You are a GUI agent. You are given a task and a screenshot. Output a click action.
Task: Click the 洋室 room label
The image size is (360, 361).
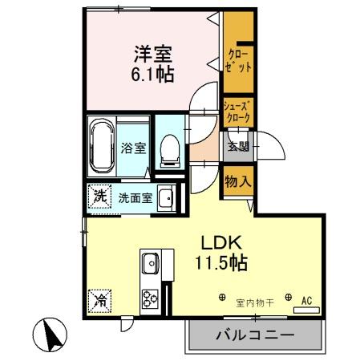(x=152, y=55)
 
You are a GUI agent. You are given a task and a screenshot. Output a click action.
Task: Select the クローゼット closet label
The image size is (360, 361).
(x=239, y=61)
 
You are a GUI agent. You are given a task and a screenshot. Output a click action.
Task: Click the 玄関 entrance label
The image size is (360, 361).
(x=238, y=146)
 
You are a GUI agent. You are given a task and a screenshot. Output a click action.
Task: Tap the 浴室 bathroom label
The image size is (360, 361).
(x=132, y=148)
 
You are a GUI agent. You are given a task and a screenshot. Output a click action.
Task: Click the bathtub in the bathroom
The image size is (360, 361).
(x=102, y=146)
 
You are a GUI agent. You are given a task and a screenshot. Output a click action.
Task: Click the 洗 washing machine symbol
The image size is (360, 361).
(x=99, y=196)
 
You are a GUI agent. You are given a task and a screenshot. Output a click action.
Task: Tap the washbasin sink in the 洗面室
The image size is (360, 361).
(x=166, y=198)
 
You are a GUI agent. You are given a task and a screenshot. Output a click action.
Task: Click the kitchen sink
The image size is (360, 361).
(x=150, y=262)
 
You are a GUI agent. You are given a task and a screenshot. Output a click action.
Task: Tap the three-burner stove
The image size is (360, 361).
(x=150, y=298)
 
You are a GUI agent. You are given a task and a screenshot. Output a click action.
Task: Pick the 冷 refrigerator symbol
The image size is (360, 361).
(x=99, y=302)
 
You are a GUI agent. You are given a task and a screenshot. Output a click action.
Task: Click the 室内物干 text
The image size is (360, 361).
(x=254, y=302)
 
